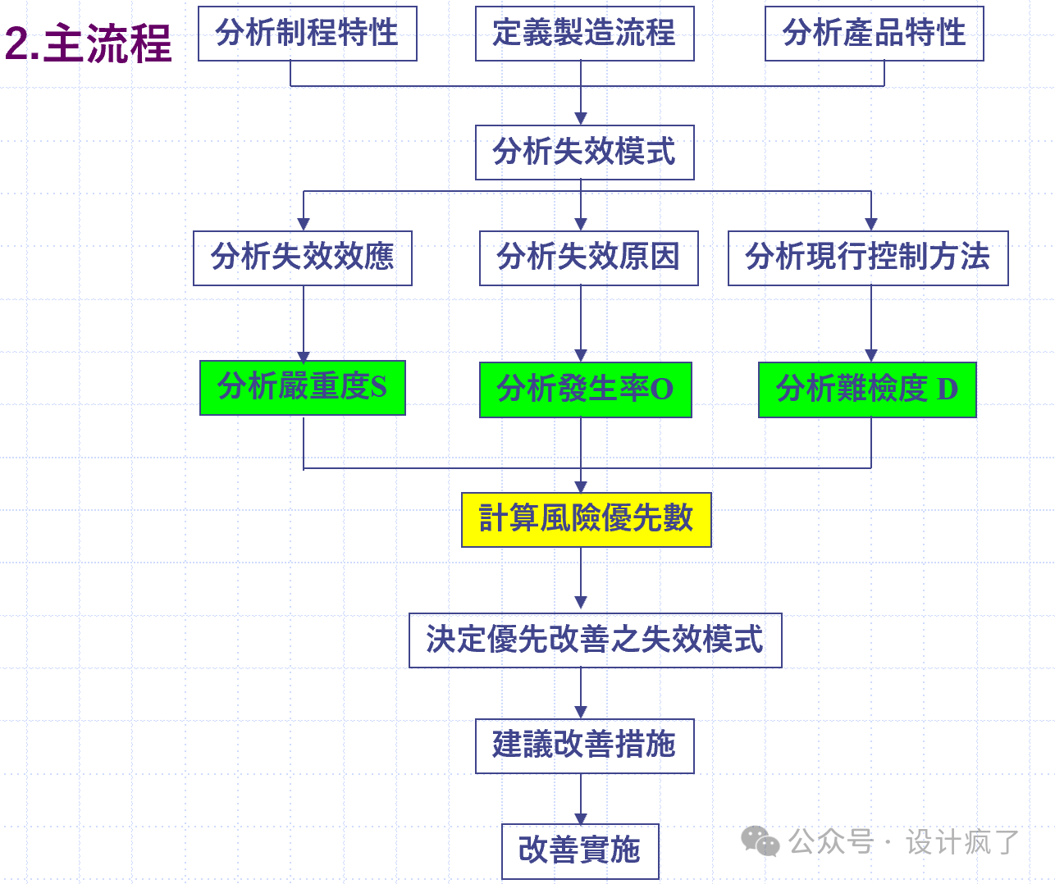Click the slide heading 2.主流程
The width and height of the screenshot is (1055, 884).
[x=89, y=43]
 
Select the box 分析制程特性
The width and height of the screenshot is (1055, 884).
[x=308, y=34]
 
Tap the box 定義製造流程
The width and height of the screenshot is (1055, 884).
[x=584, y=34]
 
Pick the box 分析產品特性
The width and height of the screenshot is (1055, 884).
[x=874, y=34]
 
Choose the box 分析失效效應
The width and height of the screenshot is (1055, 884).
[x=302, y=257]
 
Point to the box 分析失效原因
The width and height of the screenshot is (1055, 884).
[x=588, y=257]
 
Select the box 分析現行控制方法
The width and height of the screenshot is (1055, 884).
[x=867, y=257]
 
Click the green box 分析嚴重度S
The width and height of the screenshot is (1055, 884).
[x=302, y=387]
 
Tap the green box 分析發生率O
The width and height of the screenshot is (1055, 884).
[x=585, y=390]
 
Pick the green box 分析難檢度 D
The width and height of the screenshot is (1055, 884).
[x=866, y=390]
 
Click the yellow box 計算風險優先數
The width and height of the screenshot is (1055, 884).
[x=586, y=519]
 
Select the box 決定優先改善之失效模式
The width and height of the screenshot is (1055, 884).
[x=595, y=640]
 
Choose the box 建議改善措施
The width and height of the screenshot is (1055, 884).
[x=584, y=745]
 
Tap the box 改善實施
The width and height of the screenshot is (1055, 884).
[x=580, y=850]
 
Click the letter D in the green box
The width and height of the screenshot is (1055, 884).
[x=947, y=390]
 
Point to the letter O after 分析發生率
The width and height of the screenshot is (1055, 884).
[x=661, y=390]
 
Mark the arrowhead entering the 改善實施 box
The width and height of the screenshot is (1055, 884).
[x=581, y=818]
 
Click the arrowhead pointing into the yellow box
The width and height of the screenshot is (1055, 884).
[x=581, y=486]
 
